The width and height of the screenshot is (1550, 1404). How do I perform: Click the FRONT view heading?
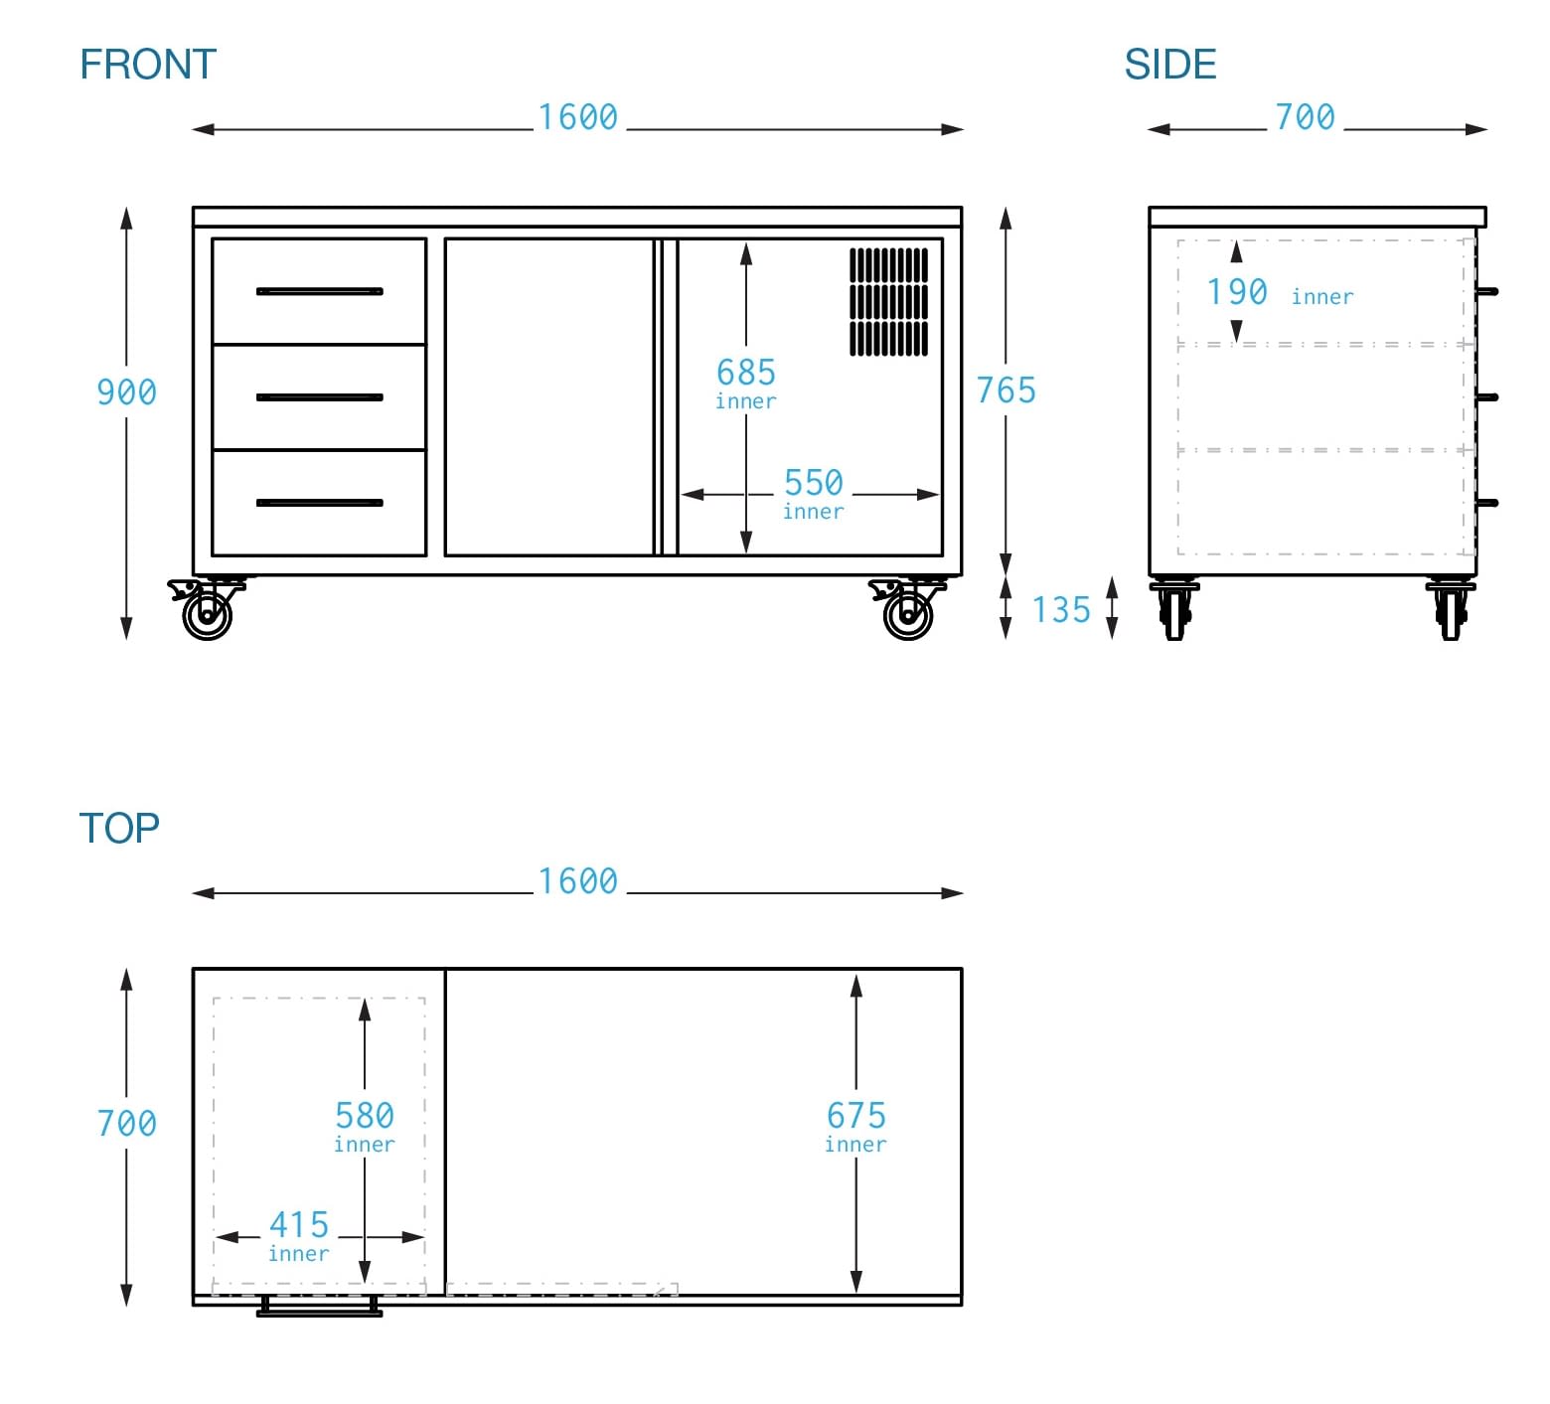pyautogui.click(x=148, y=65)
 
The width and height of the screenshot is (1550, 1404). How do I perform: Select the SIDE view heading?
pyautogui.click(x=1169, y=65)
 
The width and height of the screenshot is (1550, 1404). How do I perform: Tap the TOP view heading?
pyautogui.click(x=119, y=828)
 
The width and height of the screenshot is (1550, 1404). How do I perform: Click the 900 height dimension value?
pyautogui.click(x=126, y=391)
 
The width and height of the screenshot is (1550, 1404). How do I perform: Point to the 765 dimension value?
pyautogui.click(x=1006, y=390)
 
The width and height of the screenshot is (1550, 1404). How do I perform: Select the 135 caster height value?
pyautogui.click(x=1061, y=609)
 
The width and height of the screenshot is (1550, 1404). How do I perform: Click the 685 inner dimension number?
pyautogui.click(x=746, y=373)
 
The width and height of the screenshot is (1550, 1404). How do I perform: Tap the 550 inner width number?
pyautogui.click(x=813, y=483)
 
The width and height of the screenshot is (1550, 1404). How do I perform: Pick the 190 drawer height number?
pyautogui.click(x=1236, y=292)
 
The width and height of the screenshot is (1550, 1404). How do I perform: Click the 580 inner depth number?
pyautogui.click(x=365, y=1116)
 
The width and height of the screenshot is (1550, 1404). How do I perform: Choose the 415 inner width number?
pyautogui.click(x=299, y=1224)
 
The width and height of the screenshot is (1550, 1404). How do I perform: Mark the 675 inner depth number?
pyautogui.click(x=855, y=1116)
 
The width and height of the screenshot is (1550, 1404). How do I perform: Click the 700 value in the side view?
pyautogui.click(x=1305, y=117)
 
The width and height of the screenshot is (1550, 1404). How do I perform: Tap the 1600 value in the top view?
pyautogui.click(x=577, y=881)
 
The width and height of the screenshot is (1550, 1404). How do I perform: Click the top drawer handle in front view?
pyautogui.click(x=319, y=291)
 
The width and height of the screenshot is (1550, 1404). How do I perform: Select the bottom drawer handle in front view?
pyautogui.click(x=319, y=503)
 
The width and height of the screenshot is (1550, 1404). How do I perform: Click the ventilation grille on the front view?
pyautogui.click(x=888, y=302)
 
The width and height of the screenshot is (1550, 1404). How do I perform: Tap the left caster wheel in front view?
pyautogui.click(x=208, y=613)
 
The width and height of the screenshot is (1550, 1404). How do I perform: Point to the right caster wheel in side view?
pyautogui.click(x=1451, y=611)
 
